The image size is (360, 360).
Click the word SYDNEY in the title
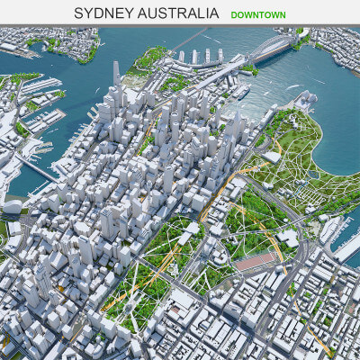click(x=103, y=13)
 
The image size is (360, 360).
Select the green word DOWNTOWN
click(x=257, y=14)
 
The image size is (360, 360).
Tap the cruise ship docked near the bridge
click(x=242, y=90)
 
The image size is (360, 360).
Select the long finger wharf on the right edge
click(x=346, y=243)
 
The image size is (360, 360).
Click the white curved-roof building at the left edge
click(x=11, y=206)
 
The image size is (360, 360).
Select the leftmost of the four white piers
click(x=181, y=57)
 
